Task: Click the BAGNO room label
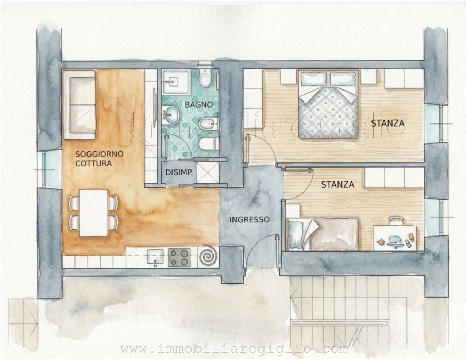[x=199, y=105]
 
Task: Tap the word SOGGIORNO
[x=99, y=154]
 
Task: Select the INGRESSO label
[x=249, y=219]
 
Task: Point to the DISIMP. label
[x=179, y=172]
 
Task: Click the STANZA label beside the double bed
[x=388, y=123]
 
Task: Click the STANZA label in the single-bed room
[x=337, y=184]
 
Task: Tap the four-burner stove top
[x=179, y=257]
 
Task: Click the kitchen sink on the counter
[x=155, y=257]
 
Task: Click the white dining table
[x=93, y=213]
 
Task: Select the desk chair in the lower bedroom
[x=396, y=221]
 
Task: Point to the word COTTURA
[x=93, y=164]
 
